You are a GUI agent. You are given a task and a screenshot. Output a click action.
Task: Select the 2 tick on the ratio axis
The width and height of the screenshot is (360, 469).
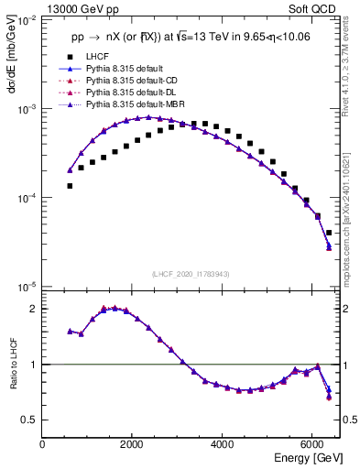pyautogui.click(x=33, y=309)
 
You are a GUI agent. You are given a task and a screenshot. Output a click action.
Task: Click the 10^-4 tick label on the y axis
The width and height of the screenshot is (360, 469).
pyautogui.click(x=26, y=198)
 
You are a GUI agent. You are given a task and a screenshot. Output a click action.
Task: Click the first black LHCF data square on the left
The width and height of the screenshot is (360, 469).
pyautogui.click(x=70, y=186)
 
